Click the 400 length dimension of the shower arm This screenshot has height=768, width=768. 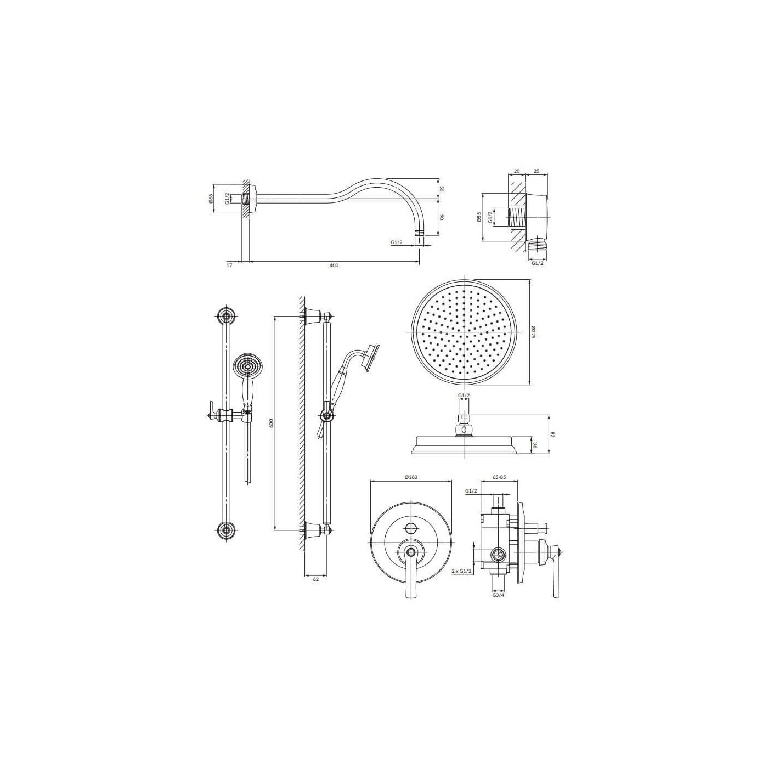[x=334, y=266]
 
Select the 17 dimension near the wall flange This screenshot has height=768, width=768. [x=229, y=266]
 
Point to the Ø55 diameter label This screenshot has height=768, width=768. [x=479, y=217]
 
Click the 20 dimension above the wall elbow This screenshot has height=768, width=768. [x=517, y=171]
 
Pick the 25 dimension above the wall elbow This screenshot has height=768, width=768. [x=536, y=171]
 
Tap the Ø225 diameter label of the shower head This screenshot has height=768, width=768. [x=534, y=331]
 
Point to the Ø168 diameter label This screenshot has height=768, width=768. [x=410, y=477]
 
